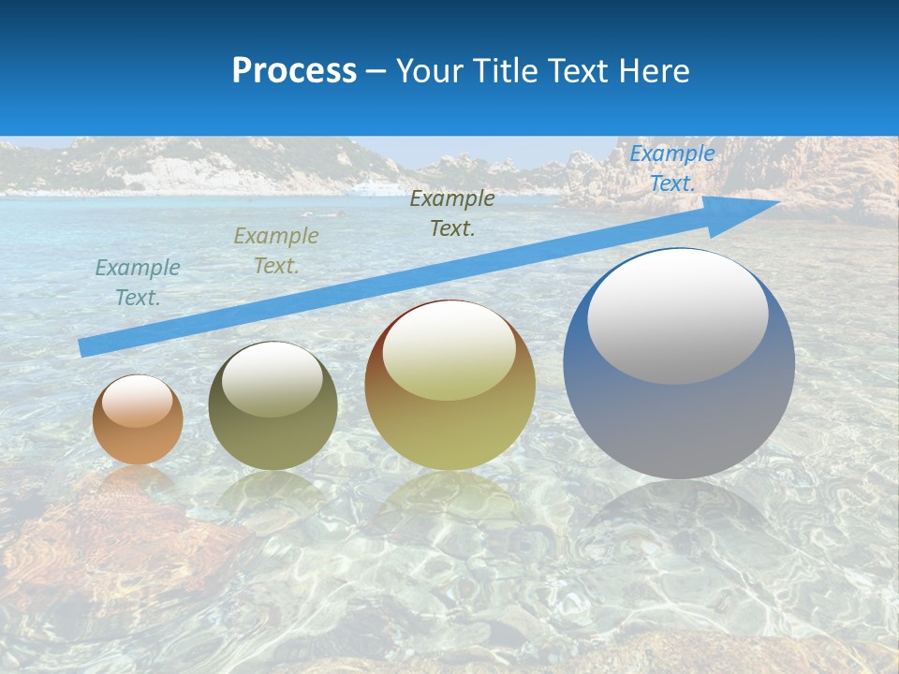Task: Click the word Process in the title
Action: pos(294,70)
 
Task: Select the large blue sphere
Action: pos(679,412)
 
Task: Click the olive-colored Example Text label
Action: pos(276,251)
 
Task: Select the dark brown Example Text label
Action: pos(452,212)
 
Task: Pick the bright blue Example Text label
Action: pos(672,168)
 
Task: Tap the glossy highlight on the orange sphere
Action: pos(138,401)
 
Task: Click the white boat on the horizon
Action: pos(375,188)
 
